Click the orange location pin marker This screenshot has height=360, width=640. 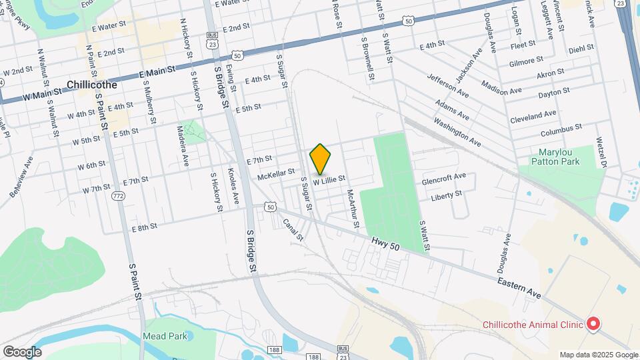(x=321, y=159)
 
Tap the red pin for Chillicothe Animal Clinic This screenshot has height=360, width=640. (x=593, y=324)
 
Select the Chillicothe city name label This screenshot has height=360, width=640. (x=92, y=85)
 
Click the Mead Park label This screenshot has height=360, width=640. (x=165, y=337)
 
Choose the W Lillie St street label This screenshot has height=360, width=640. (x=329, y=179)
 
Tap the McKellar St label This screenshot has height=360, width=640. (x=276, y=177)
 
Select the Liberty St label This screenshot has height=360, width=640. (x=446, y=195)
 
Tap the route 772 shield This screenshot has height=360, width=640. (x=119, y=195)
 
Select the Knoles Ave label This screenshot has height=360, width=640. (x=233, y=188)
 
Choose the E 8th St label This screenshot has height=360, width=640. (x=145, y=227)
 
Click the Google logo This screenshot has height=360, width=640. (x=22, y=352)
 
